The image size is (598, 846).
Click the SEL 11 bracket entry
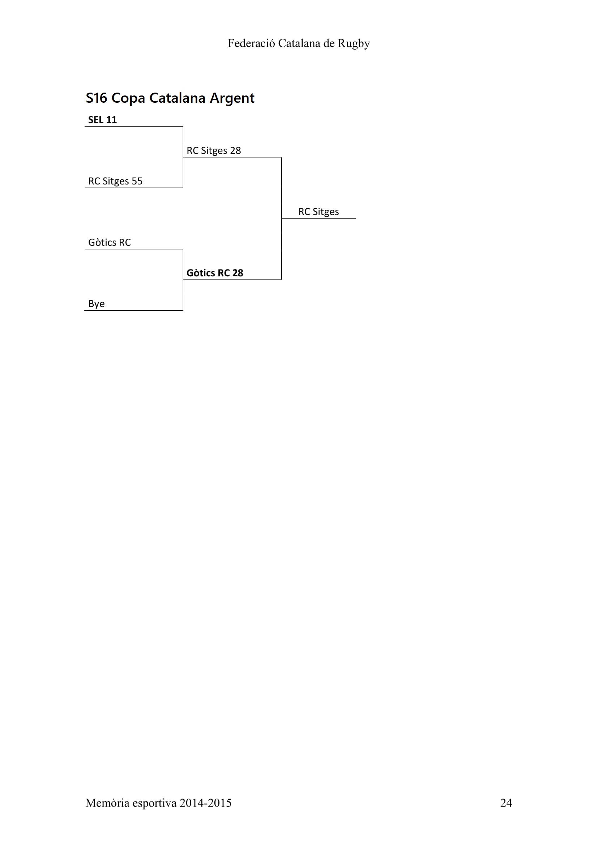pos(102,120)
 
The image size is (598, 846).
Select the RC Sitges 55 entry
pos(115,181)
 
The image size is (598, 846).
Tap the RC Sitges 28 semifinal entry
pos(214,151)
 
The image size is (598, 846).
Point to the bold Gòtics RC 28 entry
pos(215,273)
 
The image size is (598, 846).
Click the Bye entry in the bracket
pos(97,304)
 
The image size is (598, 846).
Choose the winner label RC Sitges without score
pos(319,212)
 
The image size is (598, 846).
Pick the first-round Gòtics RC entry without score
pos(109,242)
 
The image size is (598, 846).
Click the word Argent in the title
pos(232,98)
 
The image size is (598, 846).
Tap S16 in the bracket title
pos(97,98)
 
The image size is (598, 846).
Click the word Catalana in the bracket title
pos(178,98)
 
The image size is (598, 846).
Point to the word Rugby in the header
pos(354,44)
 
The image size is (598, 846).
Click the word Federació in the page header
pos(252,43)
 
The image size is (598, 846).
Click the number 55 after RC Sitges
pos(137,181)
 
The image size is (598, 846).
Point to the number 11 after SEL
pos(112,120)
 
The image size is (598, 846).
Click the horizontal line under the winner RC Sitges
pos(319,218)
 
